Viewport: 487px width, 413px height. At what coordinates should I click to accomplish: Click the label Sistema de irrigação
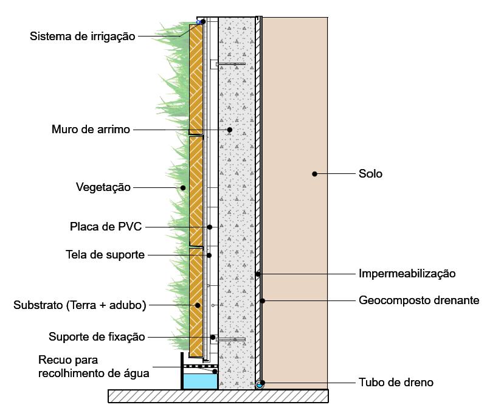82,36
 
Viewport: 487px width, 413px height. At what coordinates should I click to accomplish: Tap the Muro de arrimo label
91,130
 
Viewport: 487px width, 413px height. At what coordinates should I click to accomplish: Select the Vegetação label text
103,187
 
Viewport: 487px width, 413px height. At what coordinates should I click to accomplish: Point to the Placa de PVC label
106,227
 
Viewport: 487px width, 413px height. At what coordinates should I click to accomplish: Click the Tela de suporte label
105,255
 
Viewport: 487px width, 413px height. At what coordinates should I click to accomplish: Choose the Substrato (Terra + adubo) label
80,305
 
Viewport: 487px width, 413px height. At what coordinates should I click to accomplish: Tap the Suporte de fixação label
97,337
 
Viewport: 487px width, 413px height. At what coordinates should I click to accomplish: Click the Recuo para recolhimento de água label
94,367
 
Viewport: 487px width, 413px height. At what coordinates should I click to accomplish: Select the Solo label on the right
370,174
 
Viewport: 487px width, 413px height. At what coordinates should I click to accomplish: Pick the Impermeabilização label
407,274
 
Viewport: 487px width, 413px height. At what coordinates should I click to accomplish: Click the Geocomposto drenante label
419,300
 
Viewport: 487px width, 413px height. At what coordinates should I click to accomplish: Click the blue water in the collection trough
200,381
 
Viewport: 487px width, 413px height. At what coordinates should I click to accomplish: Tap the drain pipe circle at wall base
260,384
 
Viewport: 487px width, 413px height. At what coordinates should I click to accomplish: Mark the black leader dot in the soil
314,174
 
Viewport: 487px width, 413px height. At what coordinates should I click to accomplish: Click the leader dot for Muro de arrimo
230,130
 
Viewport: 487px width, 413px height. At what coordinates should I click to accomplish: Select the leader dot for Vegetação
182,188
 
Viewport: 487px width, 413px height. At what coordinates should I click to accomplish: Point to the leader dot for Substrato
197,305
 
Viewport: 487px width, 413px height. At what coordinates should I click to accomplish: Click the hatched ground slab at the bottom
218,396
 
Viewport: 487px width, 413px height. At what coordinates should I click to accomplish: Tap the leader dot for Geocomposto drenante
263,300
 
